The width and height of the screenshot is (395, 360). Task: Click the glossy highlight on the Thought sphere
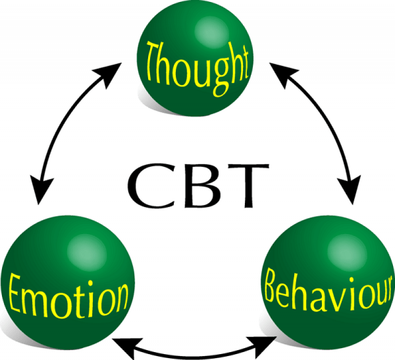[211, 32]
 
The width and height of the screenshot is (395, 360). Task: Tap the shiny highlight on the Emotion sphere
[87, 252]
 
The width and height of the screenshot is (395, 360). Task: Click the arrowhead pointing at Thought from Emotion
[109, 74]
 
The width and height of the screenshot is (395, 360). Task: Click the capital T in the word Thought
[155, 61]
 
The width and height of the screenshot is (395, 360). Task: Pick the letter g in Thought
[221, 79]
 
